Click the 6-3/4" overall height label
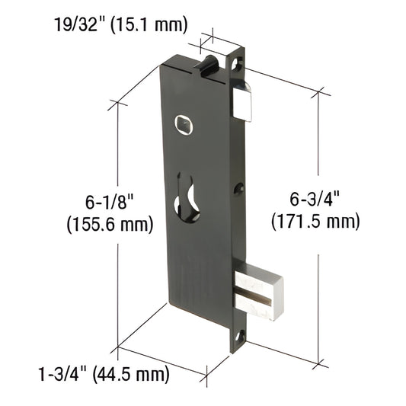(314, 199)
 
